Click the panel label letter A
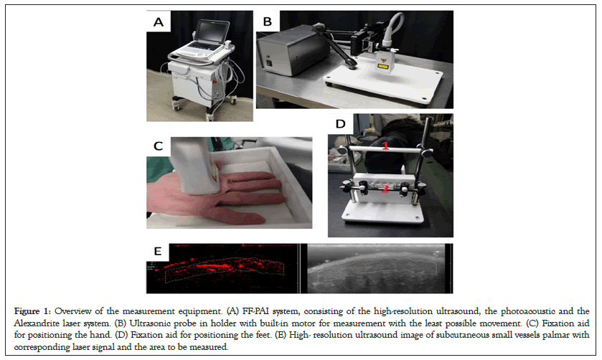(158, 22)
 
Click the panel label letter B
(268, 22)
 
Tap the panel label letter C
(158, 146)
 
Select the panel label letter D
(341, 124)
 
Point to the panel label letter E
(157, 252)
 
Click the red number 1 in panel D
(385, 146)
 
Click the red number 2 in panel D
(385, 188)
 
